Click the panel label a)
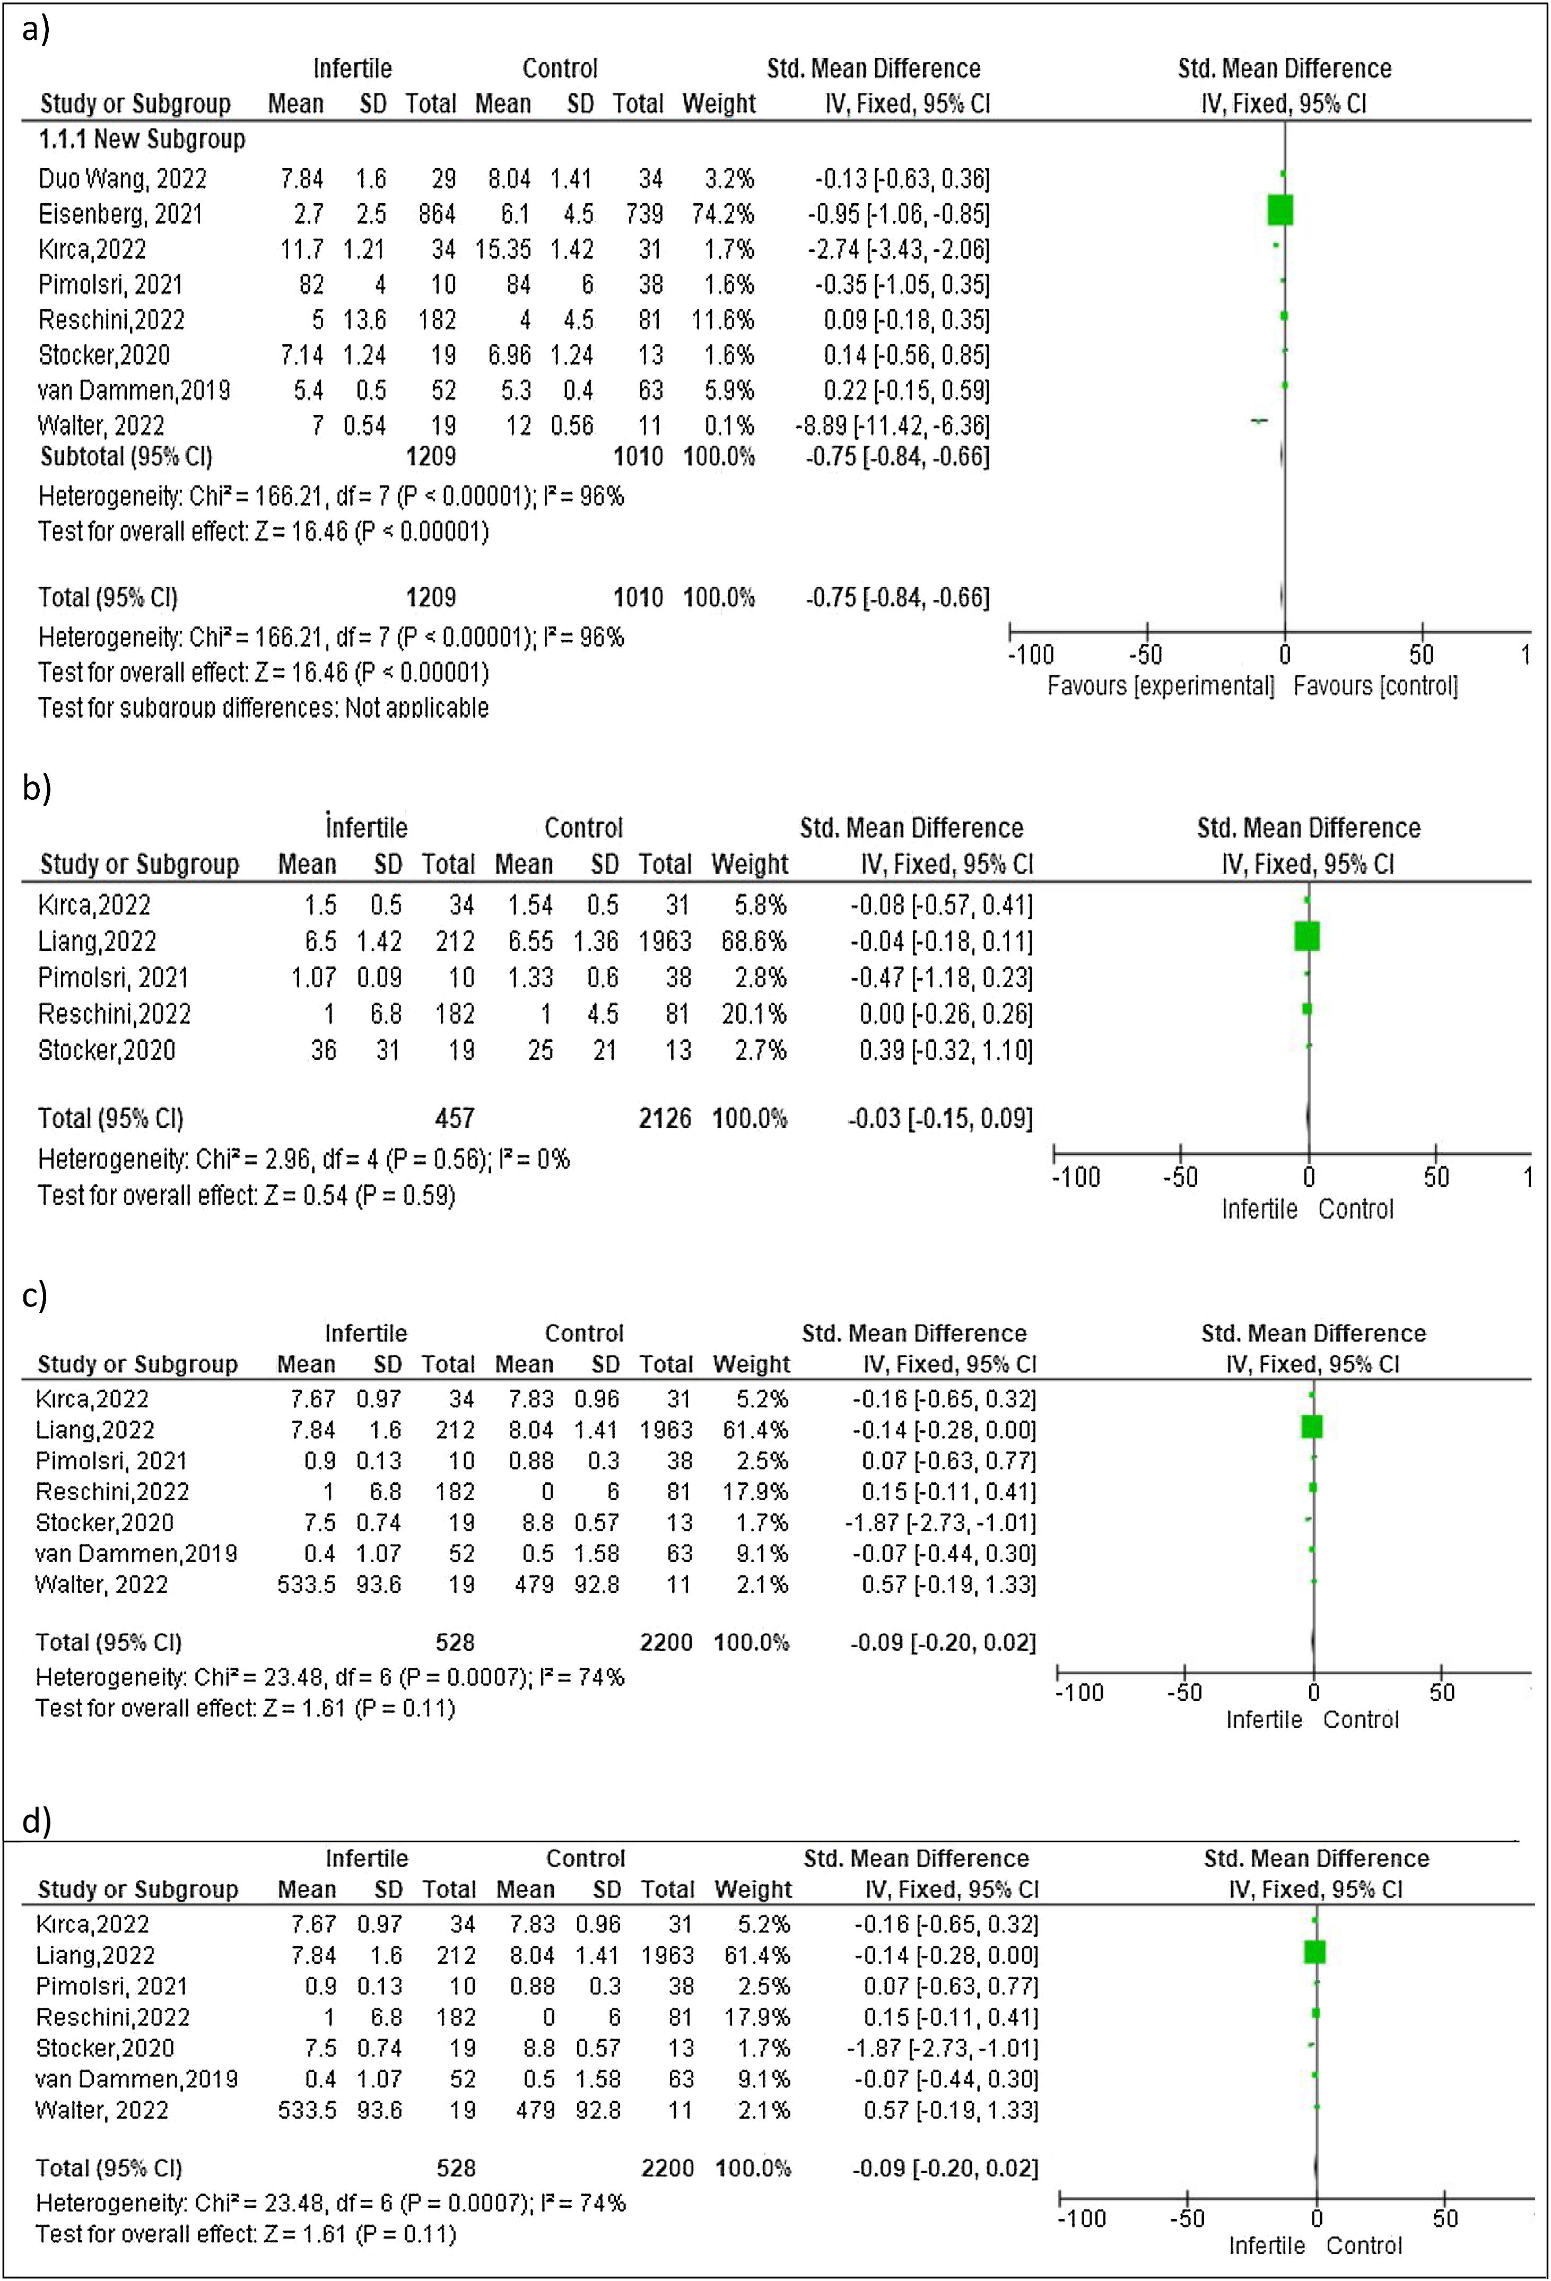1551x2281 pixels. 36,30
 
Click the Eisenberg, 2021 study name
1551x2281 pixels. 120,214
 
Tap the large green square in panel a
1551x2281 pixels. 1280,210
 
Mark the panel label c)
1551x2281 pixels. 36,1295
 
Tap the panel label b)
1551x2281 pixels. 36,787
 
